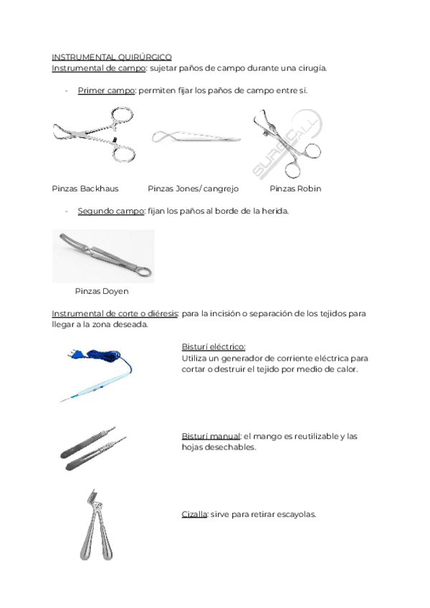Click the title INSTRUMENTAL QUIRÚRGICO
tap(112, 57)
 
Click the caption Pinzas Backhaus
tap(85, 189)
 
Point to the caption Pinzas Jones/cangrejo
tap(193, 189)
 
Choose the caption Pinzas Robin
tap(295, 189)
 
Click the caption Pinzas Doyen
tap(102, 292)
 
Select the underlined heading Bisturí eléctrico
tap(214, 346)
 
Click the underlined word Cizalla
tap(194, 514)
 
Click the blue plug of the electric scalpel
tap(75, 352)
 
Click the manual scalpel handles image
tap(93, 449)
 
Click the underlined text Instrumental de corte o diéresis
tap(115, 313)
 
